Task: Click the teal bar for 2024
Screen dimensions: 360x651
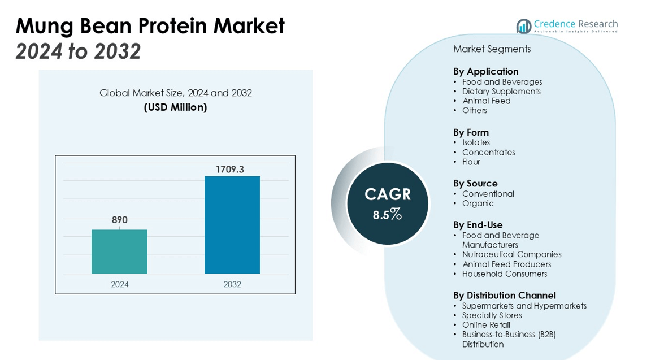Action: click(119, 251)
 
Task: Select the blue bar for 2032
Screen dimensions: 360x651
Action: click(232, 225)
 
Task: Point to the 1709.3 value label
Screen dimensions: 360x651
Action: click(230, 169)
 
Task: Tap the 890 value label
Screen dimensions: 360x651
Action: click(119, 220)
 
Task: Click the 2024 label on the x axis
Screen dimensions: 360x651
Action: click(119, 284)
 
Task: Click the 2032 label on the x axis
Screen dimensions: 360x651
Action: click(232, 284)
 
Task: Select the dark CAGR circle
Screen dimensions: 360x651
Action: click(388, 203)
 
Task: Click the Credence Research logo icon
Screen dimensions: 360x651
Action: click(523, 26)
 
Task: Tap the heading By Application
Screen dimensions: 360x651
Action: click(485, 71)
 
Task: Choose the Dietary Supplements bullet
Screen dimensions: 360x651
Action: click(501, 92)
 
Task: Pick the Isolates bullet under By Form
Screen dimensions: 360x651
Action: click(476, 142)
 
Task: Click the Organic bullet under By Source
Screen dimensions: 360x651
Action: click(478, 203)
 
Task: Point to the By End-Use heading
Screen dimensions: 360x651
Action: click(478, 225)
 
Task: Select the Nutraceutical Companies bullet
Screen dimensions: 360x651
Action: click(511, 254)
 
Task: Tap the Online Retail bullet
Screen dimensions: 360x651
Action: click(486, 325)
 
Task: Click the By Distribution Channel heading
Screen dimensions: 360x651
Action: click(505, 295)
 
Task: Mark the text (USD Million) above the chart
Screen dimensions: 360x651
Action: click(175, 107)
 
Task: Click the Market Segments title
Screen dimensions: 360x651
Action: click(492, 49)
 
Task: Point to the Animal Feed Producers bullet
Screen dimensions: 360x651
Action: click(506, 264)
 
